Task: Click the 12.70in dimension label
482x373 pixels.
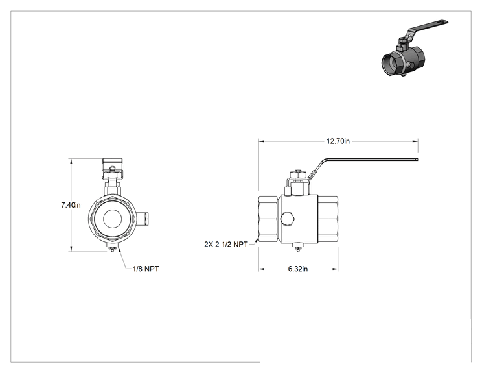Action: [338, 141]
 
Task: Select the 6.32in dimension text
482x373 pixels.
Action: [297, 269]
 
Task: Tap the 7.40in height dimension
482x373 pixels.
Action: [71, 205]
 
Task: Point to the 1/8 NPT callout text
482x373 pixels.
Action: [146, 269]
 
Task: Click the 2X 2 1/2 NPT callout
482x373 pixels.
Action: [226, 245]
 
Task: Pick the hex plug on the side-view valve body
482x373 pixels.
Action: [288, 219]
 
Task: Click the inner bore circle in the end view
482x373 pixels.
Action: [112, 219]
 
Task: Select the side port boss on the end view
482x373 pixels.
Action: [144, 219]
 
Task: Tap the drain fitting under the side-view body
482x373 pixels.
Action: [297, 247]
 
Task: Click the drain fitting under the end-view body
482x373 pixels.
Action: [112, 248]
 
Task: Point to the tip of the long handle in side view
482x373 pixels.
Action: [417, 160]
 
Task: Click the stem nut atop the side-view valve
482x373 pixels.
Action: [298, 174]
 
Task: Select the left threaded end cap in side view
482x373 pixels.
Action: [269, 219]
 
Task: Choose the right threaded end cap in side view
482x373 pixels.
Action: [328, 219]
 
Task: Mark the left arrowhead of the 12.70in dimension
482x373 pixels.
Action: [261, 141]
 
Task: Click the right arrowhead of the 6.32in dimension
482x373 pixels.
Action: [335, 269]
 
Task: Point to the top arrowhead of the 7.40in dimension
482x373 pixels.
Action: [71, 162]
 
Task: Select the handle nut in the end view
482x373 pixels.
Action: [112, 175]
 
